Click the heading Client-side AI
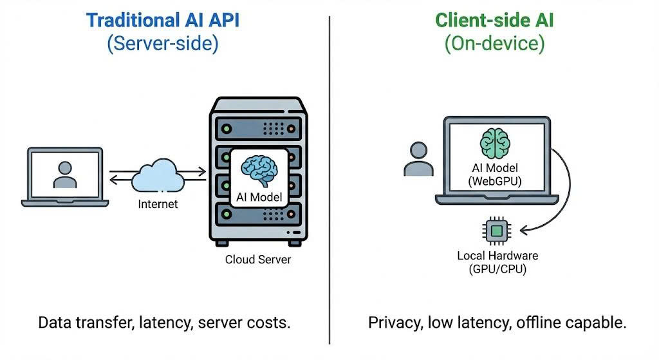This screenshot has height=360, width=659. pos(494,20)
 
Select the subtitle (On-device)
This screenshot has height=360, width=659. pos(494,44)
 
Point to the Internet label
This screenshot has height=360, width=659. pos(158,205)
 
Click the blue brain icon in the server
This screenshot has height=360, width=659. pos(259,169)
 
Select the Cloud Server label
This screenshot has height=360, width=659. pos(257,260)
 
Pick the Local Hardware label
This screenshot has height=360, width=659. pos(497,256)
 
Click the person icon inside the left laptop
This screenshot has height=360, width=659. pos(64,173)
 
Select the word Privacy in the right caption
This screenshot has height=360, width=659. pos(393,323)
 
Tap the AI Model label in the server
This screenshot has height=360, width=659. pos(258,197)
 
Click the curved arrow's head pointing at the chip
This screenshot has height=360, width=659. pos(522,229)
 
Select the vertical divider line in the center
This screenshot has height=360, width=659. pos(329,180)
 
